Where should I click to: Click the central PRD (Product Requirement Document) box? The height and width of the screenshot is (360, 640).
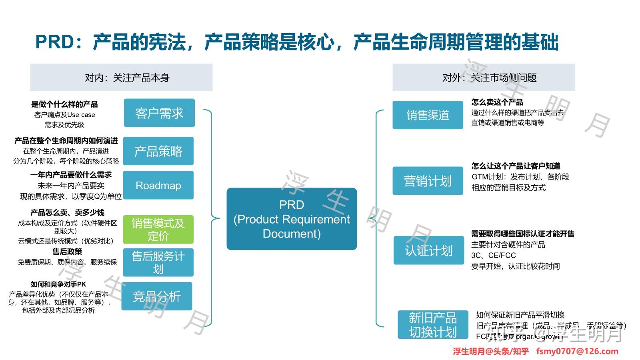(x=292, y=219)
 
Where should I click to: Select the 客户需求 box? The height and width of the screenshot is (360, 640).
(x=159, y=113)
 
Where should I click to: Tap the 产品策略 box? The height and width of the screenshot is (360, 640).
(x=158, y=151)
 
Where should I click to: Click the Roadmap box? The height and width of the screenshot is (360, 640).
(x=158, y=185)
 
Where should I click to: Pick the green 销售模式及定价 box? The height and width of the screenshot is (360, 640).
(x=158, y=230)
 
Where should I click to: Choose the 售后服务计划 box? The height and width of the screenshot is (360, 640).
(x=158, y=262)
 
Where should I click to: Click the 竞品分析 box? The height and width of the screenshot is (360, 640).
(x=157, y=296)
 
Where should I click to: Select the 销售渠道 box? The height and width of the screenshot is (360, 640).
(x=428, y=115)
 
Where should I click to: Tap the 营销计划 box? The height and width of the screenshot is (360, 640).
(x=428, y=181)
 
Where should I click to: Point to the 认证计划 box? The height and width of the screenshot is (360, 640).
(x=428, y=250)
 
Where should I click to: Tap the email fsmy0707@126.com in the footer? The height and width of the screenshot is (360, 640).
(x=577, y=351)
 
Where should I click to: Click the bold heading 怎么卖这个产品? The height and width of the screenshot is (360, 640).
(x=497, y=102)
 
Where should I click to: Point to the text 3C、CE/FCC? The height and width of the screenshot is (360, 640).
(x=494, y=255)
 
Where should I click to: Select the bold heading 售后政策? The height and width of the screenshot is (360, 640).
(x=67, y=252)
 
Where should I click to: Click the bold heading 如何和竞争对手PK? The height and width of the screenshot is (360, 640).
(x=58, y=284)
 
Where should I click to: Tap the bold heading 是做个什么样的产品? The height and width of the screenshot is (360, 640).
(x=64, y=104)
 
